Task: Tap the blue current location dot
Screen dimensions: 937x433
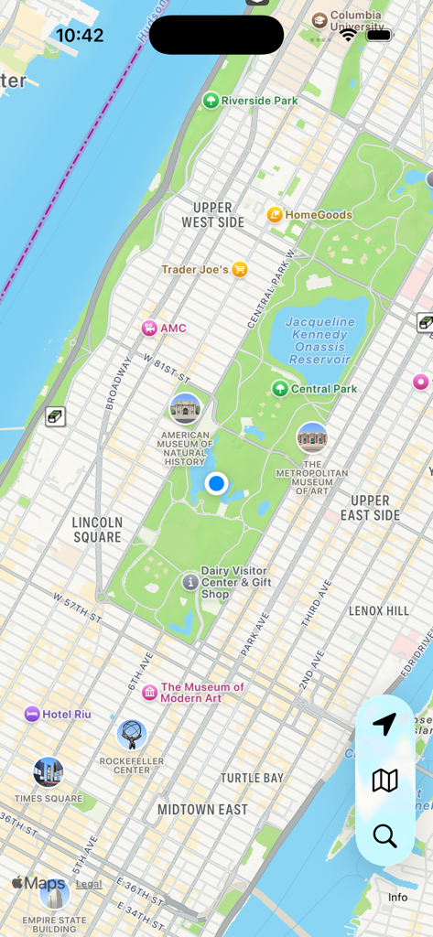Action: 216,483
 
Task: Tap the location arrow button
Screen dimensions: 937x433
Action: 384,725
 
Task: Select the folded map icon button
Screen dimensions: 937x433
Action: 384,781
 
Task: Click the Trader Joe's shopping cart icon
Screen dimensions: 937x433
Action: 240,269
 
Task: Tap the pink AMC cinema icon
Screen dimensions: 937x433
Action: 148,328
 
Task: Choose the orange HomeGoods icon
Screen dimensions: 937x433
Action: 275,215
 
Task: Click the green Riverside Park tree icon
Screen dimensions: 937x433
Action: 211,100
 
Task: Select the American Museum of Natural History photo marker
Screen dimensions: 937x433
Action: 185,409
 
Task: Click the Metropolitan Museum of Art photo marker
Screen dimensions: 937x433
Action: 312,437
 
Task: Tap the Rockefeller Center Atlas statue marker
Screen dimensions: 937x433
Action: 132,735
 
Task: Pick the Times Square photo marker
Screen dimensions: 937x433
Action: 49,772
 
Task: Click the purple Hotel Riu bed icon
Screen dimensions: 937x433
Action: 32,714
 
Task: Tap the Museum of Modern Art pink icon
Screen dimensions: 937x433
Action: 150,693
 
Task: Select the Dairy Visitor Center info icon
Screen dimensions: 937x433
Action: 190,581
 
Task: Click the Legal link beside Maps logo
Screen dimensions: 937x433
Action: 89,884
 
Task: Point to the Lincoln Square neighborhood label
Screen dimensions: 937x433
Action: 97,530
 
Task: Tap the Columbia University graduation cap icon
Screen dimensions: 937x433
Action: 319,20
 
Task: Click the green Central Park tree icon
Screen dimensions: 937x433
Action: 280,389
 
